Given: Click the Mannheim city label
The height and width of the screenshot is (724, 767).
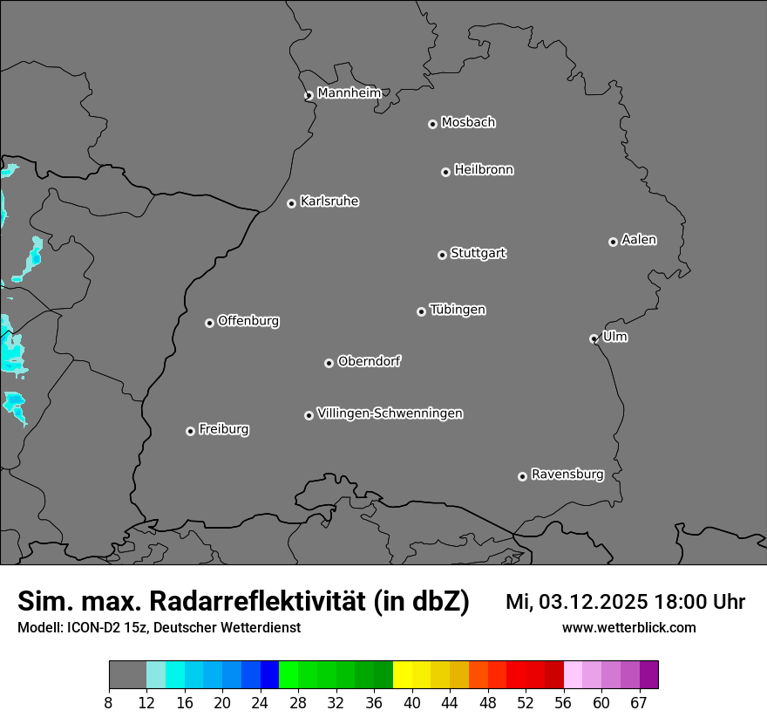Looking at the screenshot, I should pos(349,92).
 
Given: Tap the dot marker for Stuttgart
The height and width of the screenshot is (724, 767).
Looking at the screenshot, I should pos(442,255).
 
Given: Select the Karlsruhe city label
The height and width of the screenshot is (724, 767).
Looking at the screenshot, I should pos(329,201).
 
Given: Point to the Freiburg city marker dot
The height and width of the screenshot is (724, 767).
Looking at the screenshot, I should pos(190,431).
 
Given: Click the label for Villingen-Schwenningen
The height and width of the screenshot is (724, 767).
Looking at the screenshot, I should pos(390,413).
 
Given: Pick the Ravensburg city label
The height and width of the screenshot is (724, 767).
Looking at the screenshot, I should pos(567,475).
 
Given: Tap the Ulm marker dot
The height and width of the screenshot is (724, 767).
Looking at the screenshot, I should pos(594,338).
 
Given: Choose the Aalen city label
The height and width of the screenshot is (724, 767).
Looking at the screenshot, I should pos(639,240).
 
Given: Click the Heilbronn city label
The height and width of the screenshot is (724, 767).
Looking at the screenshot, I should pos(484,170).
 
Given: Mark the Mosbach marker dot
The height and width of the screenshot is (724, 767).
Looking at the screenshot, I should pos(432,124).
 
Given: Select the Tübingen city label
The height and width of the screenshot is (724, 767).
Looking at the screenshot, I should pos(458,310).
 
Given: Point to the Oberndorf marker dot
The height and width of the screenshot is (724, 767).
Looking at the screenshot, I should pos(329,363).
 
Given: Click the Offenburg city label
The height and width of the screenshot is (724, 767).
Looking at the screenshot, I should pos(248,321).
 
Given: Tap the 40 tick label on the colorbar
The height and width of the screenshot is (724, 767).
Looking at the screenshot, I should pos(412,703).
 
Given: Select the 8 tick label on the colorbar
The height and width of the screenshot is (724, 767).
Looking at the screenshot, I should pos(108,703).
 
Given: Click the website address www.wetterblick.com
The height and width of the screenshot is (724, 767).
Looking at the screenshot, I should pos(628,627).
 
